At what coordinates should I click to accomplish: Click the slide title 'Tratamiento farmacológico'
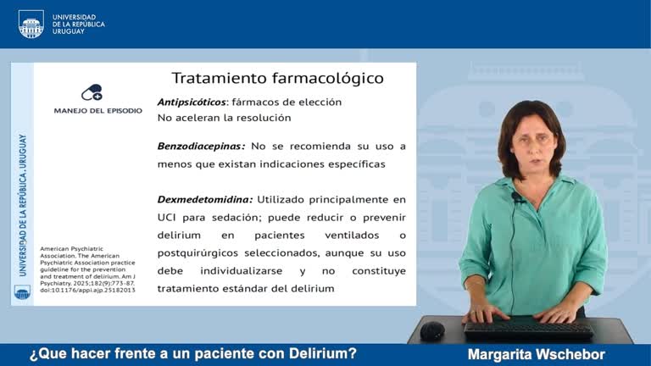[x=277, y=78]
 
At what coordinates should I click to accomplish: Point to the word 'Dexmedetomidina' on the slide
[x=204, y=200]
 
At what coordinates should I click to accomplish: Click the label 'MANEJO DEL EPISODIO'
[x=98, y=111]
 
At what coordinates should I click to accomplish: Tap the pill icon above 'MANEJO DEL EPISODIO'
[x=92, y=93]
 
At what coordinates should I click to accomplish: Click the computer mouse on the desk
[x=432, y=330]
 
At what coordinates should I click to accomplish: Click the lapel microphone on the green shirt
[x=516, y=197]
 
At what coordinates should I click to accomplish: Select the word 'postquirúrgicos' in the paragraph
[x=202, y=252]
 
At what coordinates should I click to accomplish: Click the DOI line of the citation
[x=75, y=290]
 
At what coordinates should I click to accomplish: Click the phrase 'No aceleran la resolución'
[x=224, y=118]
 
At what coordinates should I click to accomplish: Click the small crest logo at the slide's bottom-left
[x=22, y=292]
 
